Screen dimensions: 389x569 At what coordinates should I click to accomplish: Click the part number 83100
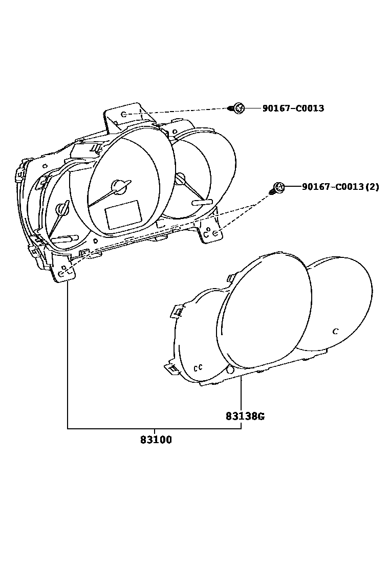pos(156,440)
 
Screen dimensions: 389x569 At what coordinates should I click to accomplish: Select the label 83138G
pos(245,416)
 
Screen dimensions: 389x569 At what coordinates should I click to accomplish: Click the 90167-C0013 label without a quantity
pos(293,108)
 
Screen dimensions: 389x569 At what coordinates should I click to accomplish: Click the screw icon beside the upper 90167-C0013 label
pos(237,108)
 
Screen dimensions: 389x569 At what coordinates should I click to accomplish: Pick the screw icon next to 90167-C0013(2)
pos(278,188)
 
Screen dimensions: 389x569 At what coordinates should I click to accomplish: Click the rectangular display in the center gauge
pos(123,214)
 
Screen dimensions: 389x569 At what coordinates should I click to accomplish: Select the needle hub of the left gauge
pos(63,208)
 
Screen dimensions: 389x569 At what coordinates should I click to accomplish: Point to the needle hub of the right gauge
pos(180,179)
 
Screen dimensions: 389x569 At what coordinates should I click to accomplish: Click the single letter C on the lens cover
pos(335,331)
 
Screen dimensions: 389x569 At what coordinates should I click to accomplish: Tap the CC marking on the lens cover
pos(199,367)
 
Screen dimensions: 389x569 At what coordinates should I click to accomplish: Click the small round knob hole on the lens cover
pos(230,369)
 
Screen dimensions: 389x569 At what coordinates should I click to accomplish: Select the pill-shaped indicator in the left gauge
pos(65,239)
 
